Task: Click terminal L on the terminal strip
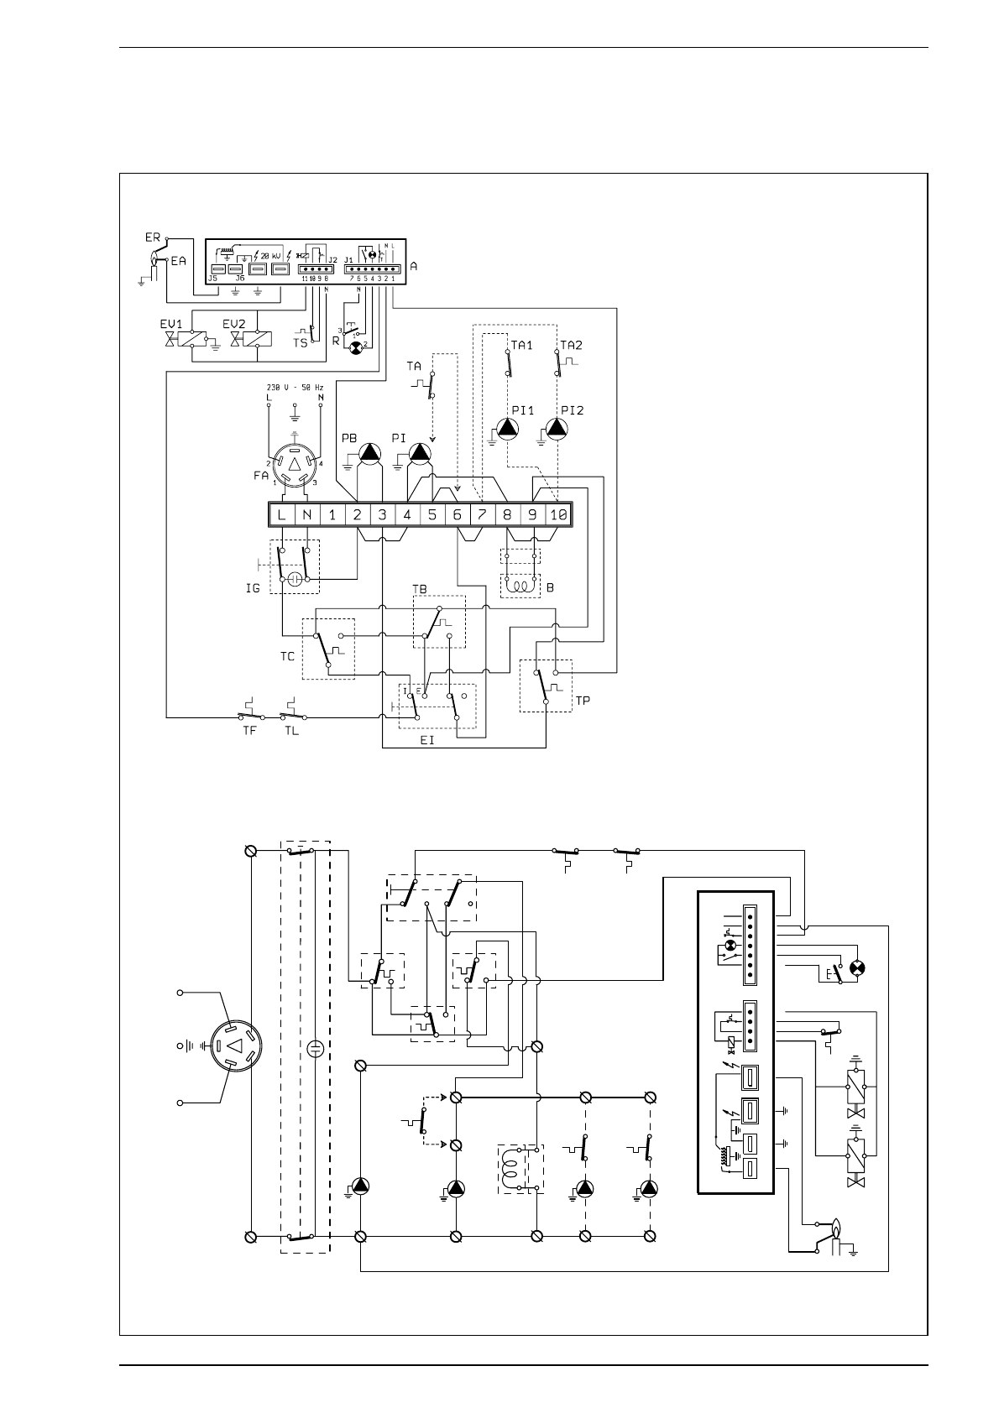pyautogui.click(x=281, y=515)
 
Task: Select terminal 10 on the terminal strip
pyautogui.click(x=557, y=515)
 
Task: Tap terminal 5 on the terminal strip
pyautogui.click(x=432, y=515)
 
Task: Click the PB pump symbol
pyautogui.click(x=369, y=454)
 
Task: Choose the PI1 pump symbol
pyautogui.click(x=507, y=429)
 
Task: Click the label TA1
pyautogui.click(x=522, y=345)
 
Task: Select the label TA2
pyautogui.click(x=572, y=345)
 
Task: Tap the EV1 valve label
pyautogui.click(x=171, y=324)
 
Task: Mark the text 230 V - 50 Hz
pyautogui.click(x=295, y=387)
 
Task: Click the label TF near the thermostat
pyautogui.click(x=249, y=730)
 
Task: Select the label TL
pyautogui.click(x=291, y=730)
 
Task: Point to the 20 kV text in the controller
pyautogui.click(x=270, y=255)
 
